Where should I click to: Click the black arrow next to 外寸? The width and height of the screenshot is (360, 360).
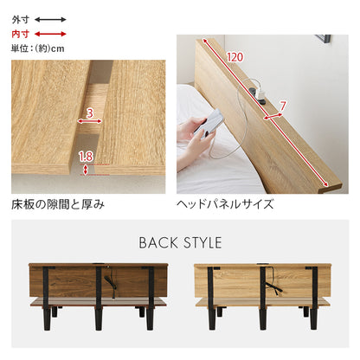click(x=50, y=20)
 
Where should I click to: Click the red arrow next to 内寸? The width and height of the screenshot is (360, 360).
click(x=50, y=34)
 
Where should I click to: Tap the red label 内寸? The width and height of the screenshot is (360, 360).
click(x=21, y=34)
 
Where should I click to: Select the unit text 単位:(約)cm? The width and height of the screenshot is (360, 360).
click(x=38, y=48)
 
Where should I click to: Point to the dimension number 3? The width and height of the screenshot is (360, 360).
click(x=90, y=112)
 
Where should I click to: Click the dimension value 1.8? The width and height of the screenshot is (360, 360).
click(x=86, y=157)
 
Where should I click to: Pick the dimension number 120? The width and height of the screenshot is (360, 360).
click(x=235, y=57)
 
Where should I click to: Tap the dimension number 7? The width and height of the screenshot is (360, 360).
click(x=282, y=106)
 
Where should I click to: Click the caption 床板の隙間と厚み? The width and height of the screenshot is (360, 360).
click(x=58, y=204)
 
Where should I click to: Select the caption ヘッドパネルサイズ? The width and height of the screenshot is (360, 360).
click(x=225, y=204)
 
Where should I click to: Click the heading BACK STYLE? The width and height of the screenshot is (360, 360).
click(x=180, y=242)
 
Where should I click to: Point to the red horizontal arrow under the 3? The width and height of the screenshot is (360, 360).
click(x=90, y=121)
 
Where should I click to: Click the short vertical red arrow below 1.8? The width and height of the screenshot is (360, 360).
click(x=85, y=170)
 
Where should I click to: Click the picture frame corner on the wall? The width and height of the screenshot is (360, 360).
click(x=324, y=39)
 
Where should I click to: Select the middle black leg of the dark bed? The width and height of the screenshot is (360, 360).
click(x=99, y=298)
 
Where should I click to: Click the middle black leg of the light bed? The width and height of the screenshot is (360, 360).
click(x=263, y=298)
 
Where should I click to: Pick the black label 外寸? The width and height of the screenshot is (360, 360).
click(x=21, y=20)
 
